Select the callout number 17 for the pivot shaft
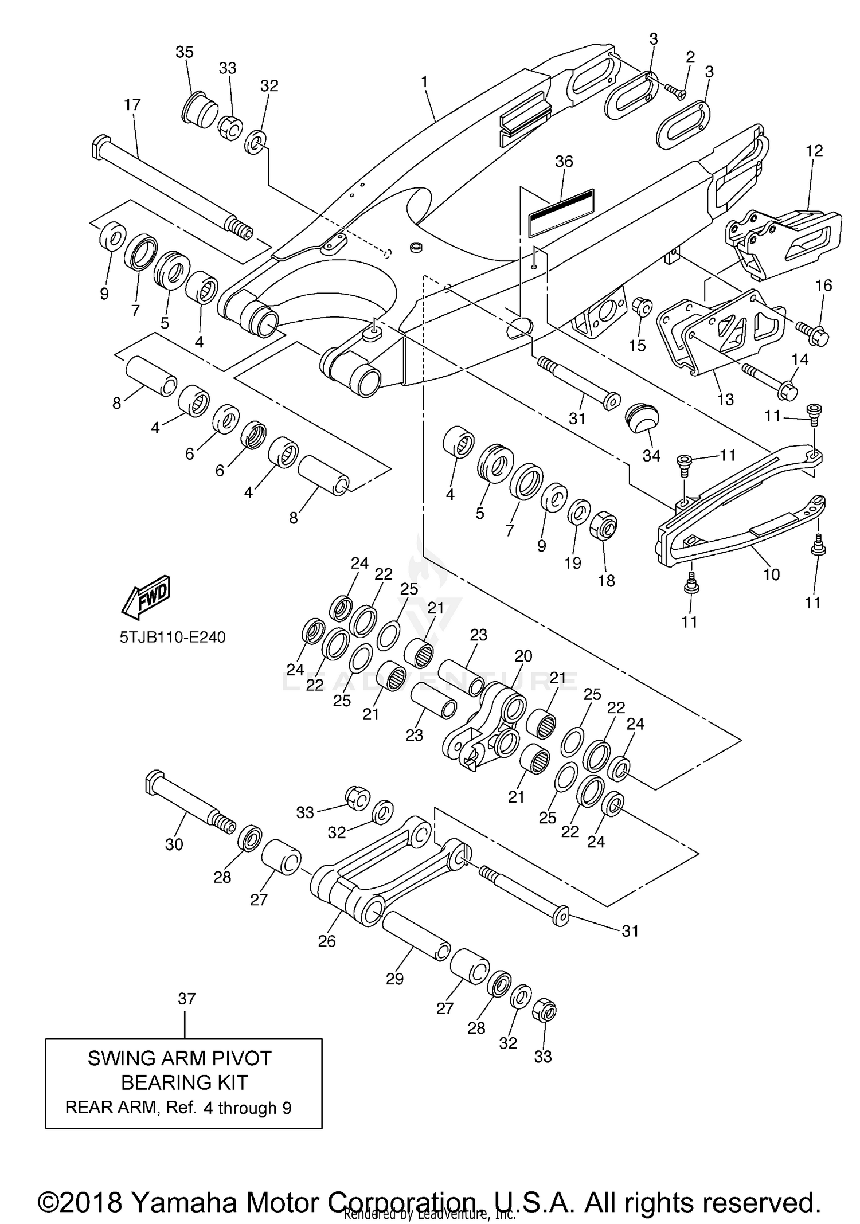[x=132, y=105]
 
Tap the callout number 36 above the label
[x=564, y=162]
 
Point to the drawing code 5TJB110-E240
[x=173, y=637]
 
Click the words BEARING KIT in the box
[x=184, y=1082]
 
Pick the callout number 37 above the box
[x=186, y=998]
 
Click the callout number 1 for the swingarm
[x=424, y=82]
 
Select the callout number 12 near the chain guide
[x=814, y=150]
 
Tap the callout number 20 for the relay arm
[x=523, y=656]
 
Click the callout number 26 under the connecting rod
[x=327, y=941]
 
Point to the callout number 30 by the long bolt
[x=174, y=844]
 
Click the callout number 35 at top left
[x=184, y=52]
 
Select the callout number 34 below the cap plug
[x=651, y=456]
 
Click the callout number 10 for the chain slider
[x=771, y=574]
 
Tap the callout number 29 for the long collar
[x=394, y=979]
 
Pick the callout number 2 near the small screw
[x=690, y=57]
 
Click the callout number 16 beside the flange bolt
[x=823, y=286]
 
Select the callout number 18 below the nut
[x=606, y=581]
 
